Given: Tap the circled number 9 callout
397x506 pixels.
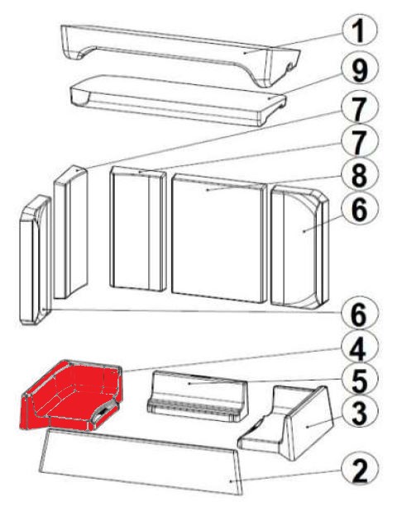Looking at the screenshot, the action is (x=359, y=70).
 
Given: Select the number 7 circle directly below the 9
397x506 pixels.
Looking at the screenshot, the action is (x=359, y=108).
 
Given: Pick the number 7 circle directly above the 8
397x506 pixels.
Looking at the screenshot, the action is (x=359, y=142).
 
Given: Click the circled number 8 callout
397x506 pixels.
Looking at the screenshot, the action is (x=359, y=175).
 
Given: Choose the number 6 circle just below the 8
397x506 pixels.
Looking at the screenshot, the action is (x=359, y=210).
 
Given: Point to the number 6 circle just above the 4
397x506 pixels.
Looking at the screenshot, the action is (x=359, y=314).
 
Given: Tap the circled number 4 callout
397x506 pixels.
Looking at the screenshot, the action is (x=359, y=348).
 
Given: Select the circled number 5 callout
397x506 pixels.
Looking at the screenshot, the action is (x=359, y=380).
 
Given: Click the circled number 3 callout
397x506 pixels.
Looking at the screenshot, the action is (x=359, y=413).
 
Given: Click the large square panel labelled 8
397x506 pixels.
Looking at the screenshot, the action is (x=219, y=239).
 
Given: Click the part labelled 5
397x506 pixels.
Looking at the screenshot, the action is (x=197, y=396).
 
